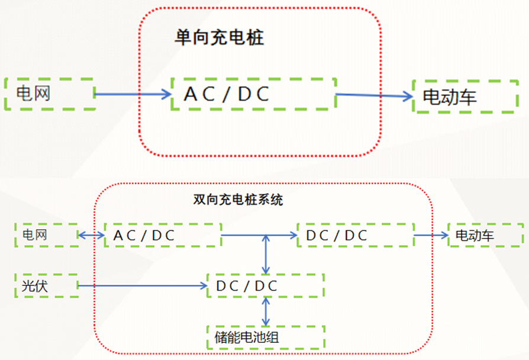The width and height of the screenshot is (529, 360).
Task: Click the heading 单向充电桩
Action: click(x=218, y=38)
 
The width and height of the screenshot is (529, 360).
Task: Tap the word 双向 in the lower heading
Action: click(x=202, y=200)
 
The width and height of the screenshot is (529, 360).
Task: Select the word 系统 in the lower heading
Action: click(x=273, y=200)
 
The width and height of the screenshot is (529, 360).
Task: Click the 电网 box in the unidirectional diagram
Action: click(x=50, y=94)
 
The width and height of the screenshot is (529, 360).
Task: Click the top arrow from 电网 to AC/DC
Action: click(x=133, y=94)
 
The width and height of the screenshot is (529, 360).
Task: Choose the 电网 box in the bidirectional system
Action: click(x=46, y=235)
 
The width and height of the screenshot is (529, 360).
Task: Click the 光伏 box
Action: click(x=46, y=286)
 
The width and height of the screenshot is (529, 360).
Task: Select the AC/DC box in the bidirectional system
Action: click(x=162, y=236)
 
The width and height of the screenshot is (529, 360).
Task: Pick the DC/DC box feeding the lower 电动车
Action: click(x=355, y=236)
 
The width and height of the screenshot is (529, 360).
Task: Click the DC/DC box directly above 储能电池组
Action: click(x=265, y=286)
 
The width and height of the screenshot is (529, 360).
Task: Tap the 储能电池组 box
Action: click(x=265, y=337)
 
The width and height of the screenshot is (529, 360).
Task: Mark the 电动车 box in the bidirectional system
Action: click(x=485, y=236)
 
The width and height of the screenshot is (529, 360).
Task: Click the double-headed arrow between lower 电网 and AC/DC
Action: click(x=91, y=236)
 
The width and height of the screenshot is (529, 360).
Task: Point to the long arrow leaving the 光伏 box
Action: click(x=142, y=286)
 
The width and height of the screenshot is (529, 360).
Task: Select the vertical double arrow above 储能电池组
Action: click(x=266, y=311)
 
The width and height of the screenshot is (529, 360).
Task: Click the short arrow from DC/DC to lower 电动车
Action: click(x=431, y=236)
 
